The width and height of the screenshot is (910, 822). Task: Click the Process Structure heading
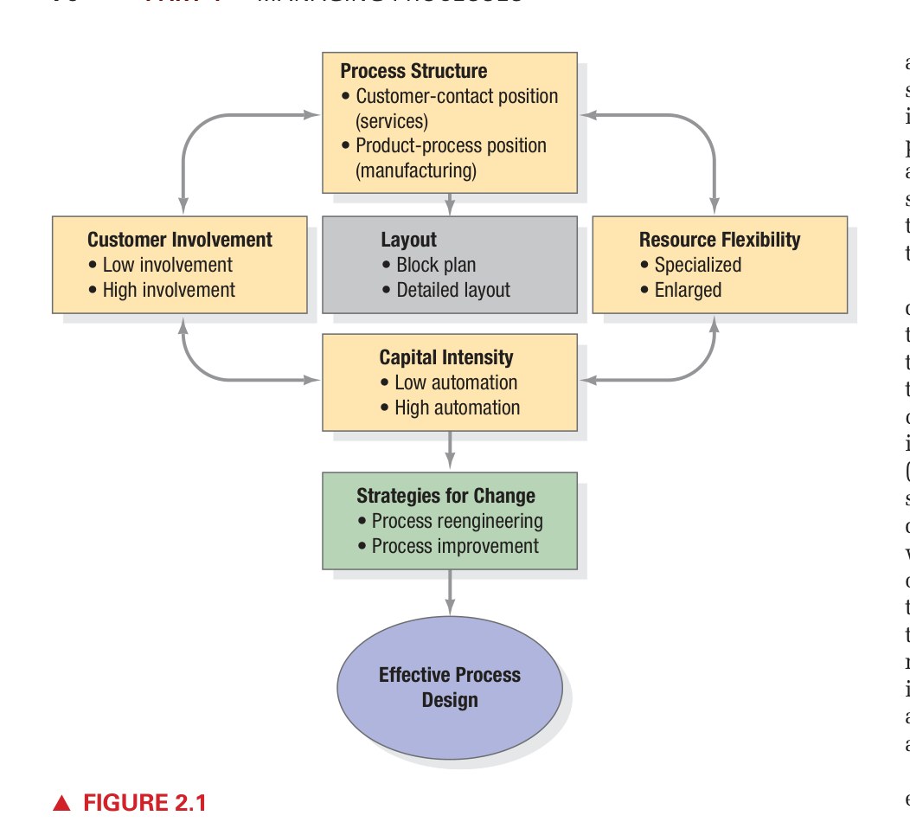point(413,71)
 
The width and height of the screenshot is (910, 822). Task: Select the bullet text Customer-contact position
point(456,96)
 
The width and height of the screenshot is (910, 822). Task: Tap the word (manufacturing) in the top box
point(415,170)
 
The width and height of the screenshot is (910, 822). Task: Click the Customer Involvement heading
point(180,240)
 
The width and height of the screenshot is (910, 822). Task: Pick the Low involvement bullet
point(167,265)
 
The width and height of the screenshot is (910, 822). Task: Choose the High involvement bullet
point(168,290)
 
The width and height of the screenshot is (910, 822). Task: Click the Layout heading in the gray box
point(408,240)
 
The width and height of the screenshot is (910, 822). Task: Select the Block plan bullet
point(435,265)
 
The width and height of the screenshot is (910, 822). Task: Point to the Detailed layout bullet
point(452,290)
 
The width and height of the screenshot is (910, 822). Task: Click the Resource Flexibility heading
point(720,240)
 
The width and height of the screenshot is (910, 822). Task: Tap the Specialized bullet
point(697,265)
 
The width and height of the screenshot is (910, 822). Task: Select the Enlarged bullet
point(688,290)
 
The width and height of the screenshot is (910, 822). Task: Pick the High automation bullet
point(457,408)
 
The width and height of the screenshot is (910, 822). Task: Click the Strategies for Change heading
point(445,496)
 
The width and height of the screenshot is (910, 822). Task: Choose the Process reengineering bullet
point(457,521)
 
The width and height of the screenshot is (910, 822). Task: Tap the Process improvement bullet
point(454,546)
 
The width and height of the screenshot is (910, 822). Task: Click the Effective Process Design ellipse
point(450,687)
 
